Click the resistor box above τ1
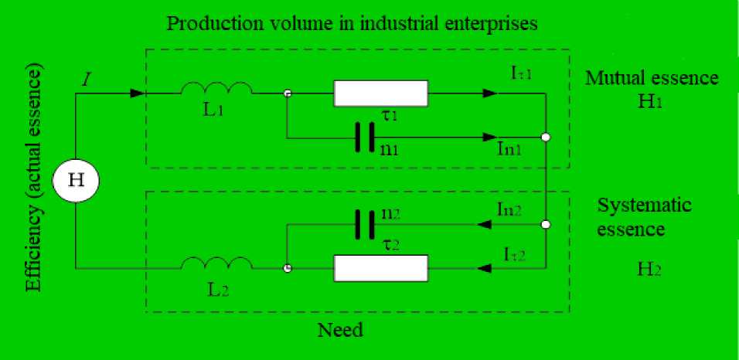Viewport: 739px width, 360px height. click(x=380, y=93)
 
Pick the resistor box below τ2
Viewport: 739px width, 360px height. click(x=380, y=269)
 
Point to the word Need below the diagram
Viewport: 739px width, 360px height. click(x=340, y=331)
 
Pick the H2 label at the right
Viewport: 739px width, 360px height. click(x=645, y=272)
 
